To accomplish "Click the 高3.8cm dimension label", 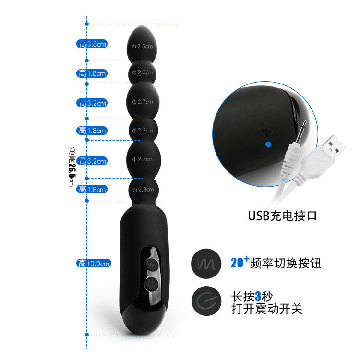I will tap(92, 44).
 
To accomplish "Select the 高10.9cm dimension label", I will tap(94, 263).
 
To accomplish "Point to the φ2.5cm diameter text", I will tap(142, 46).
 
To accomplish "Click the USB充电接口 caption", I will tap(282, 215).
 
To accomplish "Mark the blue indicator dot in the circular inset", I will tap(268, 144).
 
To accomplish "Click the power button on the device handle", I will tap(152, 284).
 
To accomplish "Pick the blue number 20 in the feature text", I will tap(237, 263).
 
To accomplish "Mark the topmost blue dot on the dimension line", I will tap(87, 24).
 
